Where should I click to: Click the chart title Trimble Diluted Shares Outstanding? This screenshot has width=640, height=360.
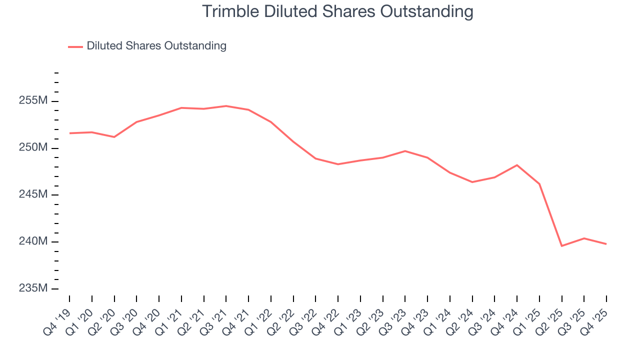point(337,11)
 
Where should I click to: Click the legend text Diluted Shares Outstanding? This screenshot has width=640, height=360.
point(156,46)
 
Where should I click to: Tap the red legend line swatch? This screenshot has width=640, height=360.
point(75,46)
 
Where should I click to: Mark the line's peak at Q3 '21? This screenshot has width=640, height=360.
point(226,106)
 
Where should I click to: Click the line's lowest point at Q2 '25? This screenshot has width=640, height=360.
point(562,246)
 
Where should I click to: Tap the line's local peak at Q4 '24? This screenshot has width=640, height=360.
point(517,165)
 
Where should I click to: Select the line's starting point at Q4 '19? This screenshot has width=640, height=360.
point(69,133)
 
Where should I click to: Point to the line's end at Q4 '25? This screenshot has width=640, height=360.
point(606,244)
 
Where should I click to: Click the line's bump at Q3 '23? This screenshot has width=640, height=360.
point(405,151)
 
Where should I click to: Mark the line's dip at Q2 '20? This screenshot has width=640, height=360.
point(114,137)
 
